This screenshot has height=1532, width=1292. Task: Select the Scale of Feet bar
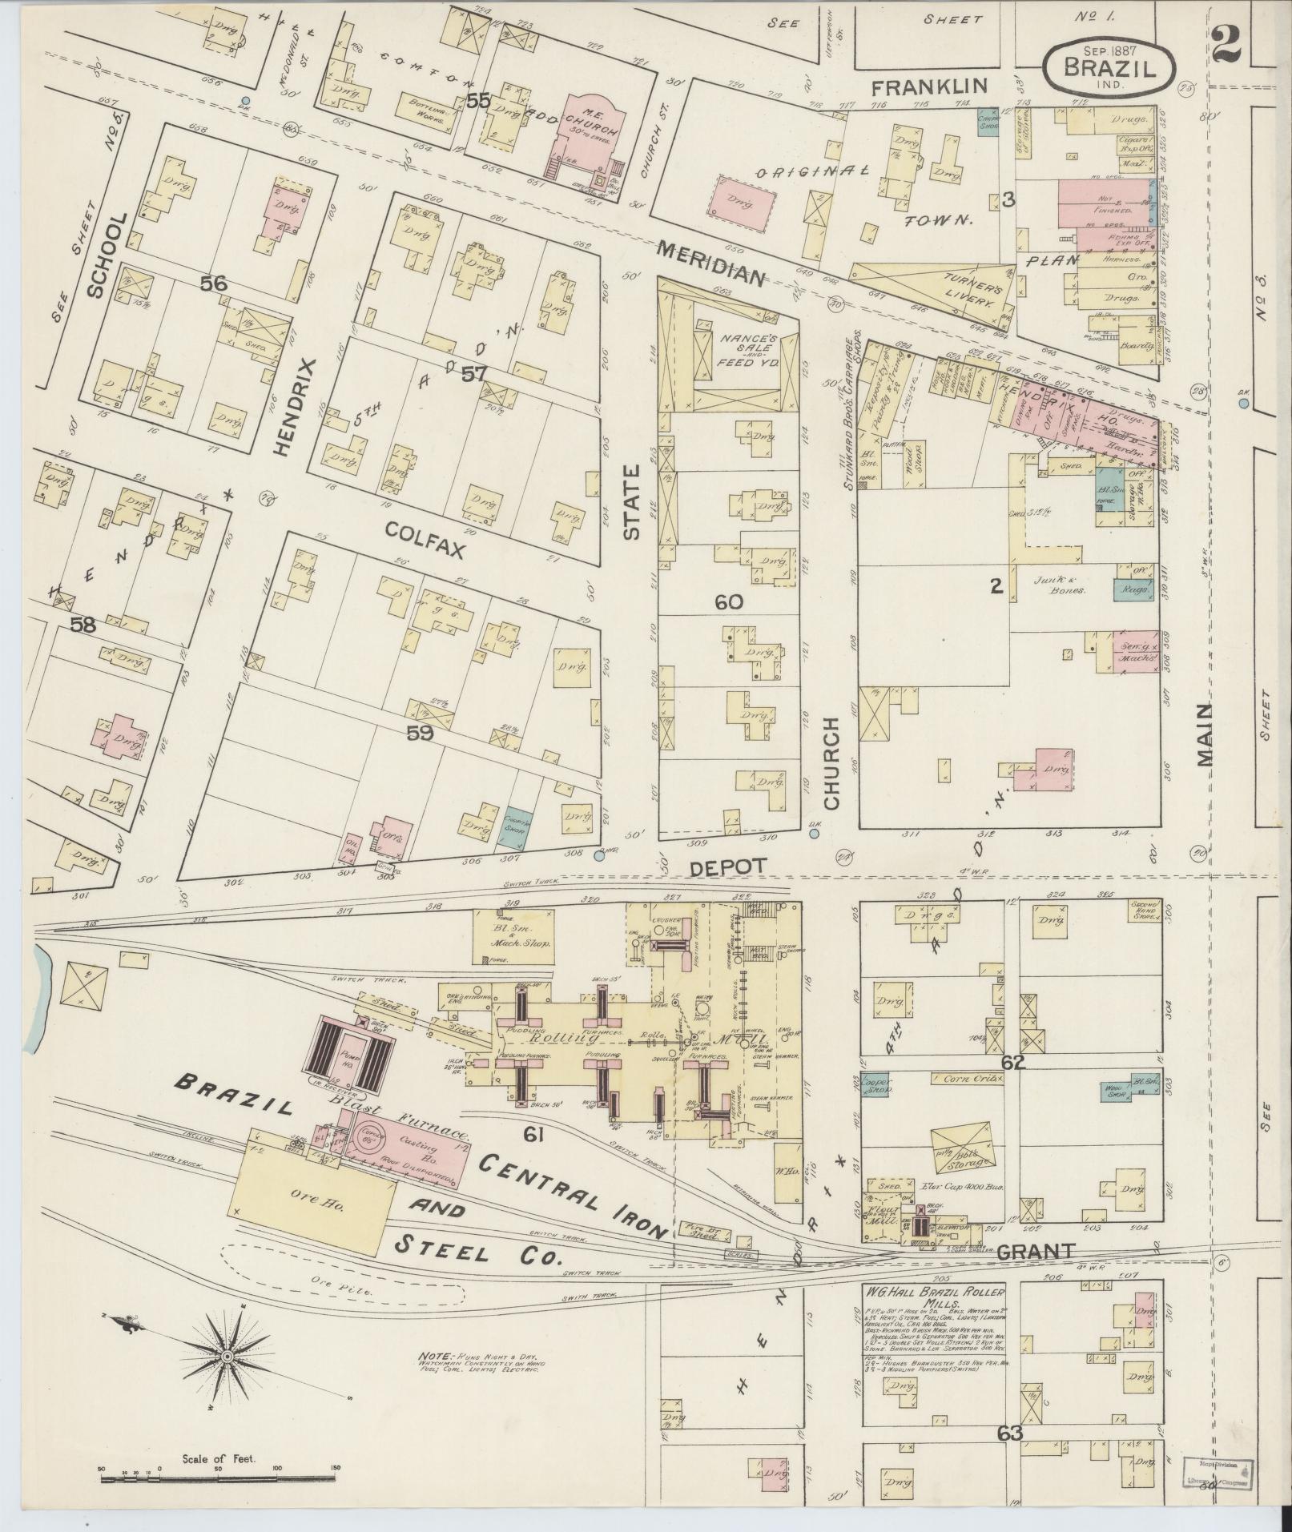click(x=217, y=1409)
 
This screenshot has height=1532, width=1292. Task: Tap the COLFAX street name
click(x=425, y=529)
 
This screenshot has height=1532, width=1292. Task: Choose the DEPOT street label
click(x=729, y=866)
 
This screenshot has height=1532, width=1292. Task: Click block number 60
click(x=729, y=602)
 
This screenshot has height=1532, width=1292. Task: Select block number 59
click(x=420, y=731)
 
